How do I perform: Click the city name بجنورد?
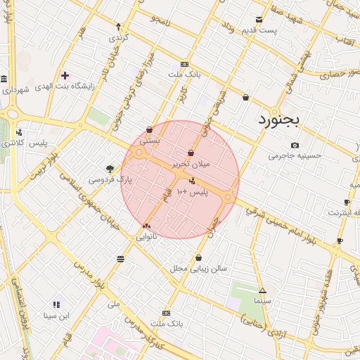(278, 120)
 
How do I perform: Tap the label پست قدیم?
(259, 30)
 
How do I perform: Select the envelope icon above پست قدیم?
(259, 20)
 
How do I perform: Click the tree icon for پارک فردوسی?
(110, 169)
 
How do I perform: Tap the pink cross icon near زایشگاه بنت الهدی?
(65, 75)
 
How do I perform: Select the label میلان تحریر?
(191, 164)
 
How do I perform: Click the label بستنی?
(149, 140)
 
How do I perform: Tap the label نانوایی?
(146, 237)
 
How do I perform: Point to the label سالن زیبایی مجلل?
(198, 269)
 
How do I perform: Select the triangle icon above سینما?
(262, 290)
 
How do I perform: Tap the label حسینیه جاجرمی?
(295, 156)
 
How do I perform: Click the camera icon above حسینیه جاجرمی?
(295, 146)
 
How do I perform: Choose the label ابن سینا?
(56, 316)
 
